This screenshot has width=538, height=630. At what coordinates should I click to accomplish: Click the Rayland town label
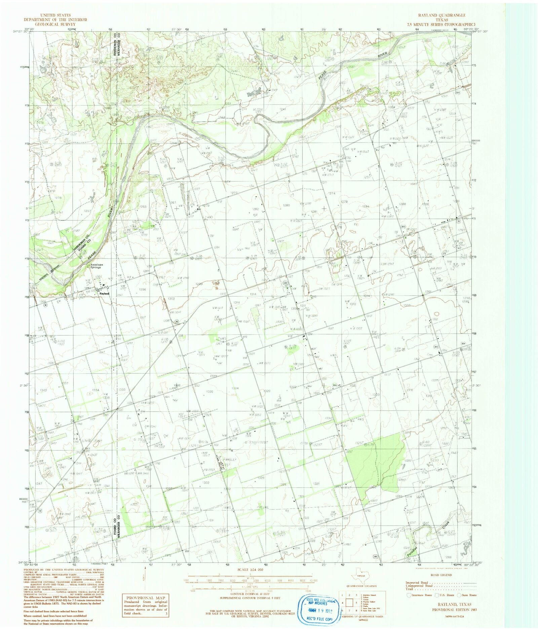104,293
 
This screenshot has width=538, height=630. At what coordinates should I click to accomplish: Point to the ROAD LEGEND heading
441,575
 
